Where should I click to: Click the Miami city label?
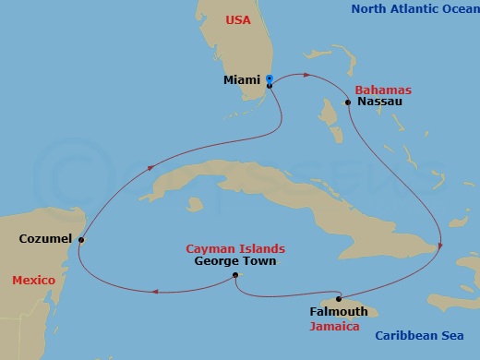241,80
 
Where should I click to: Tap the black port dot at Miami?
270,86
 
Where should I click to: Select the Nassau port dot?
348,102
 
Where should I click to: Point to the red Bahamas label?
382,90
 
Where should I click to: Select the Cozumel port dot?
82,239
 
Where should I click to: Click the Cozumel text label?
45,239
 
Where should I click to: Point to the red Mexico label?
34,280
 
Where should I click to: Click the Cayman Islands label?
235,249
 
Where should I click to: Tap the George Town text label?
235,261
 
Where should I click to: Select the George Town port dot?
235,275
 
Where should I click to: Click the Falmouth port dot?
340,298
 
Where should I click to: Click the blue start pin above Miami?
269,78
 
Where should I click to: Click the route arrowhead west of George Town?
153,293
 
